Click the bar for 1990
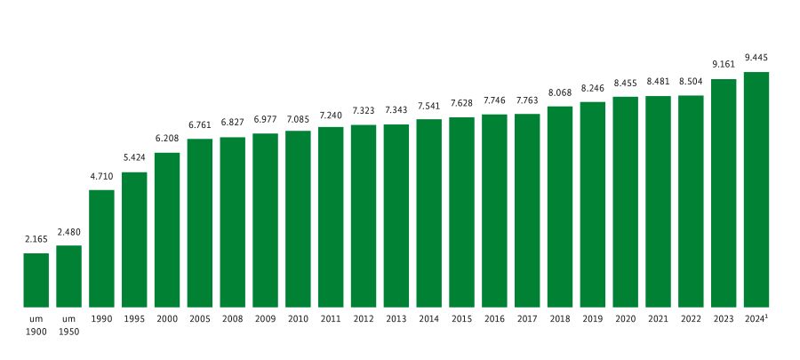tap(101, 248)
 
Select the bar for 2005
tap(200, 222)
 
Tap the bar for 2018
tap(560, 206)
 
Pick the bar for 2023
tap(724, 193)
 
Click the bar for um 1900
tap(36, 279)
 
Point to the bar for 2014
tap(428, 212)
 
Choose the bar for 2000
tap(167, 229)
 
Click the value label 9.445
tap(756, 58)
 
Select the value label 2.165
tap(36, 239)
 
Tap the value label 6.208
tap(167, 139)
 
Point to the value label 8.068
tap(560, 92)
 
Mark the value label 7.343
tap(396, 110)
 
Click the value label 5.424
tap(134, 158)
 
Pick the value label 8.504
tap(691, 82)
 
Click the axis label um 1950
tap(69, 325)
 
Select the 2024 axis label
tap(756, 318)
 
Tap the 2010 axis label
tap(298, 318)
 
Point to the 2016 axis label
tap(494, 318)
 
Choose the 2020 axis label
tap(625, 318)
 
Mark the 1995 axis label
tap(134, 318)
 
